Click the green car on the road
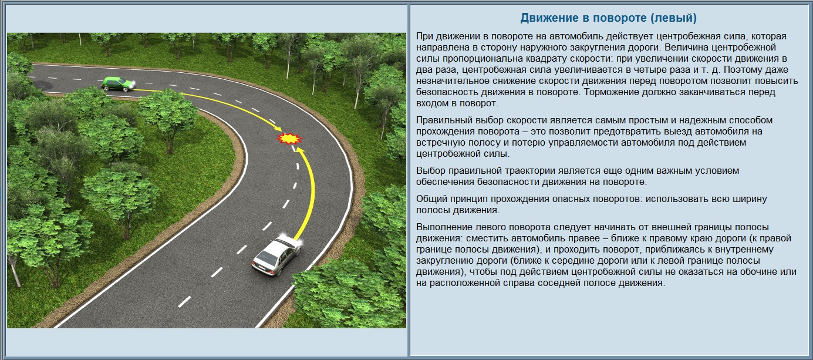pyautogui.click(x=117, y=84)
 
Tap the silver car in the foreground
pyautogui.click(x=276, y=255)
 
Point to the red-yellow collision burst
pyautogui.click(x=289, y=139)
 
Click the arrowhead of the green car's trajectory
pyautogui.click(x=278, y=128)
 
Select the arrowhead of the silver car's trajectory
pyautogui.click(x=300, y=150)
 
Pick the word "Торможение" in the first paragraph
pyautogui.click(x=612, y=92)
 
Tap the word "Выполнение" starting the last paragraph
pyautogui.click(x=444, y=227)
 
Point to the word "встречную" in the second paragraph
pyautogui.click(x=440, y=142)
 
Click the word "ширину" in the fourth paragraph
pyautogui.click(x=750, y=199)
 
